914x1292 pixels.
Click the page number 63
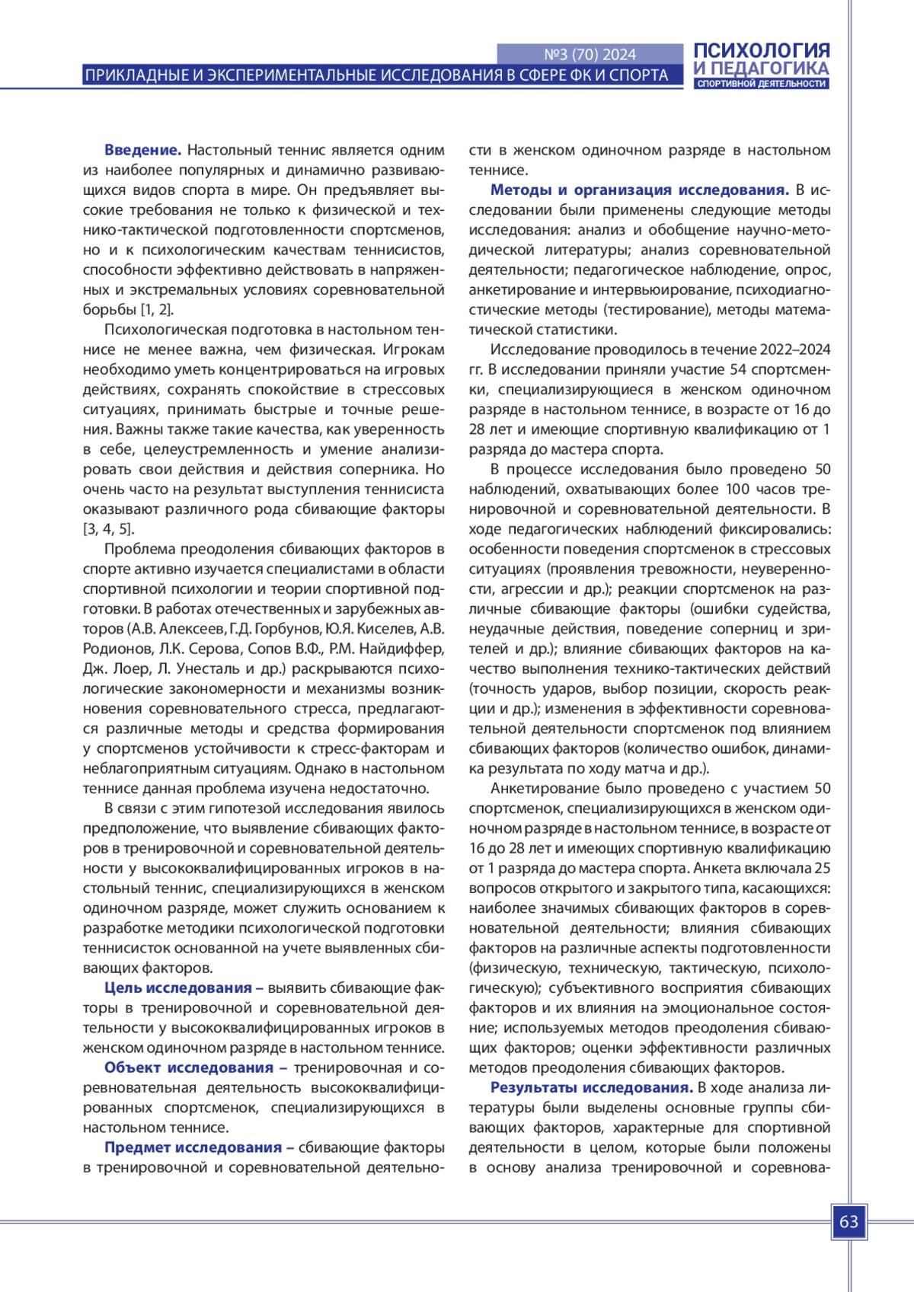tap(848, 1222)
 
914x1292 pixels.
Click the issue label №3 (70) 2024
tap(590, 54)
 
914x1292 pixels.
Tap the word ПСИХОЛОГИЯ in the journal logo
tap(761, 51)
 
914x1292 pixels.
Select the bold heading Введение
tap(142, 150)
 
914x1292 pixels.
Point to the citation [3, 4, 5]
tap(108, 529)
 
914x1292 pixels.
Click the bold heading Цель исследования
tap(184, 987)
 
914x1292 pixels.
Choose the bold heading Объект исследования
tap(195, 1067)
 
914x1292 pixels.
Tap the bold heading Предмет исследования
tap(199, 1147)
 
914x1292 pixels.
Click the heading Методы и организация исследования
tap(639, 190)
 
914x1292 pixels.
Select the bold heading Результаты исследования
tap(591, 1087)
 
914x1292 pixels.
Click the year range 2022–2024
tap(794, 349)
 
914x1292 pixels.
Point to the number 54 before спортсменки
tap(738, 369)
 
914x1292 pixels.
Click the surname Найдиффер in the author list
tap(401, 649)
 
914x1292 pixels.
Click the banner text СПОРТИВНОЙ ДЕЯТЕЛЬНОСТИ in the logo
tap(761, 84)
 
